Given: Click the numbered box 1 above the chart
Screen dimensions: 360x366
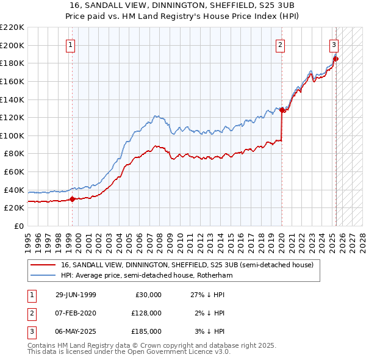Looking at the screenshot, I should coord(71,45).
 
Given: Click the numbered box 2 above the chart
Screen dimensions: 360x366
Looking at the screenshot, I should coord(280,45).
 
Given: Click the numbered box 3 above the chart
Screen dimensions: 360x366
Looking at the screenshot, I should coord(334,45).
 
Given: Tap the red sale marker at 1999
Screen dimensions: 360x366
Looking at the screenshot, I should coord(73,198).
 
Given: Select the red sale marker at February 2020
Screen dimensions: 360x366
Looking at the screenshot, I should coord(282,110).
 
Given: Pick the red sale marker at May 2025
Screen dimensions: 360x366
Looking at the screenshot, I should coord(336,59).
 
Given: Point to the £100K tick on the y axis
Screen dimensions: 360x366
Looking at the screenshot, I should coord(13,135).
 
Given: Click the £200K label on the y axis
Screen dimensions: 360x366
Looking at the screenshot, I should coord(13,45).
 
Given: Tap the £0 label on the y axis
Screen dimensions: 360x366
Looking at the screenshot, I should coord(18,226).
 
